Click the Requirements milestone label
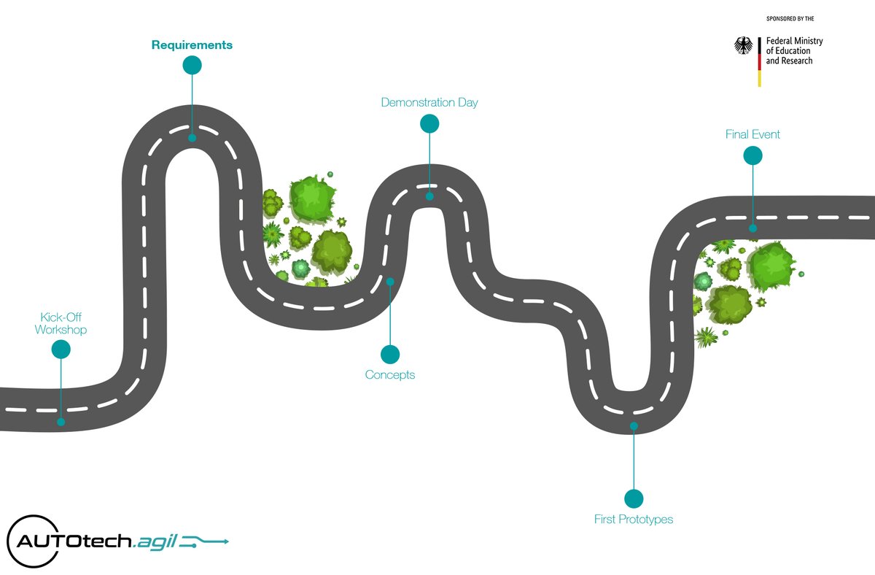tap(192, 45)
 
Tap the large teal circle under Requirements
tap(192, 66)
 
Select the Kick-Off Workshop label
tap(61, 323)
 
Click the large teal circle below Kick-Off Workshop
tap(61, 350)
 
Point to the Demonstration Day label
tap(429, 102)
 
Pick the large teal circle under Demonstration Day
tap(429, 124)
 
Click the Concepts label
tap(390, 375)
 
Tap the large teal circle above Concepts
tap(390, 355)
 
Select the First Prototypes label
tap(634, 520)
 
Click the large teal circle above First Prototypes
tap(634, 498)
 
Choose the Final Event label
tap(752, 134)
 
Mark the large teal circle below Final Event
tap(752, 155)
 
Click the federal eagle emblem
tap(743, 47)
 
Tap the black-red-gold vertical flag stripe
tap(759, 61)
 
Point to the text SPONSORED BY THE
tap(793, 17)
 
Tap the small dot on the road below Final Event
tap(752, 228)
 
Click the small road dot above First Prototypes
tap(634, 425)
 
